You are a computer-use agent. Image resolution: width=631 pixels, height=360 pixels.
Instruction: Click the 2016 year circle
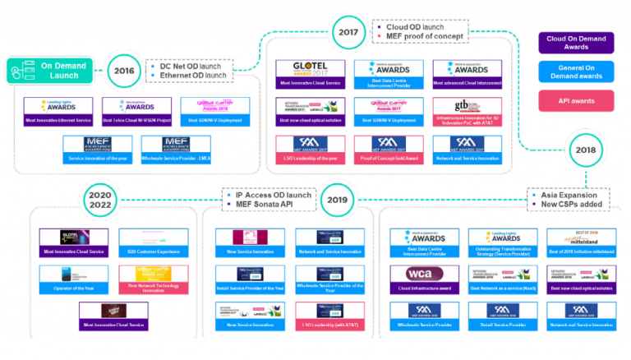[123, 71]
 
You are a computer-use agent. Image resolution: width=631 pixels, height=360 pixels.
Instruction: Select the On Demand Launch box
[48, 70]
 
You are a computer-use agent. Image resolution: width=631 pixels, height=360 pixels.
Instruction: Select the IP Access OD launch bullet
[272, 195]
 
